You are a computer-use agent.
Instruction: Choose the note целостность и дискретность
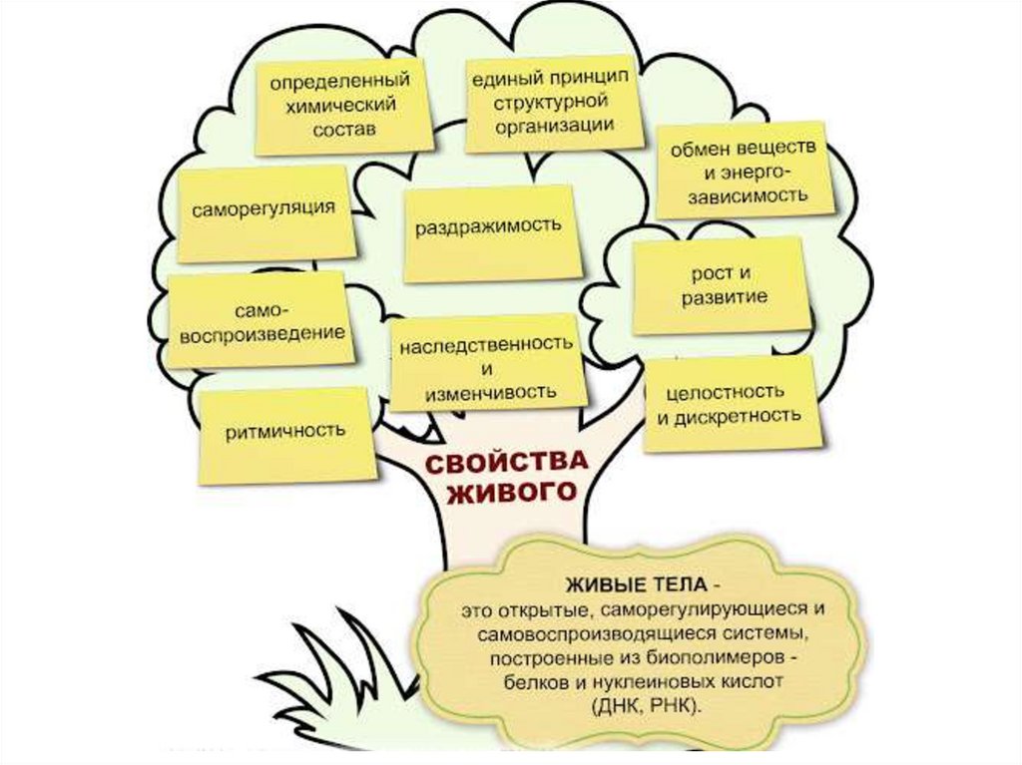(x=729, y=402)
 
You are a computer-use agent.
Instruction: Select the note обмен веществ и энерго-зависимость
(x=743, y=171)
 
